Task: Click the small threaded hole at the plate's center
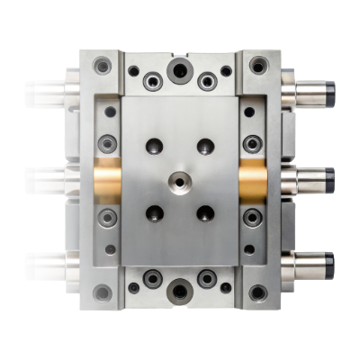[180, 181]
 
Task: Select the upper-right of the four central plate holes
[206, 146]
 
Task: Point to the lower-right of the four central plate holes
[206, 214]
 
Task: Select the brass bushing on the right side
[255, 181]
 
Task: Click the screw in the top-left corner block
[103, 66]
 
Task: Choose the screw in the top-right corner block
[258, 66]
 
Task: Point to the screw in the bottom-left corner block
[103, 293]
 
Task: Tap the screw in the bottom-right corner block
[258, 293]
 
